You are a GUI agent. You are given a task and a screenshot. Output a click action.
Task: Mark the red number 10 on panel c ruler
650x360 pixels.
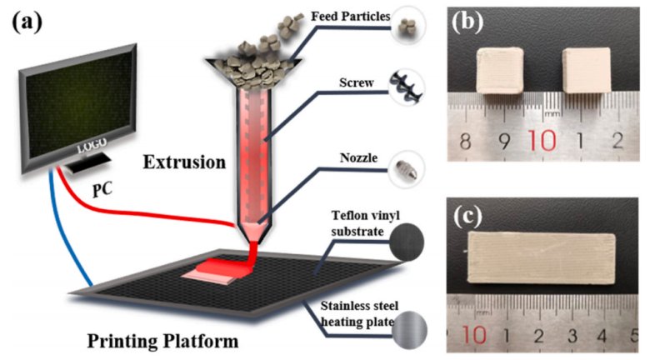[476, 336]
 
